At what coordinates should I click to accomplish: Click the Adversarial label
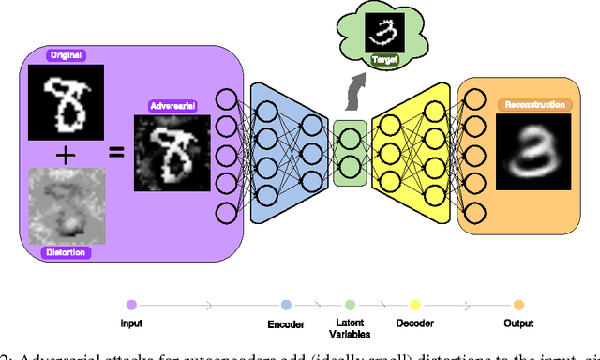coord(172,107)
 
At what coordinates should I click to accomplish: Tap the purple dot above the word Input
coord(131,305)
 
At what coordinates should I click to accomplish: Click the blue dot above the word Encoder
coord(286,305)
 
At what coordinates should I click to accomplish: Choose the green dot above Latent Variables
coord(350,305)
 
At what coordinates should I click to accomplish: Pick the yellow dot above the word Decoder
coord(414,305)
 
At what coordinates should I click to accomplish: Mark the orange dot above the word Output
coord(517,305)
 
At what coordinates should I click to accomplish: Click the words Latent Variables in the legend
coord(349,328)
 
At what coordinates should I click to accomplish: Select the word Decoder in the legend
coord(413,322)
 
